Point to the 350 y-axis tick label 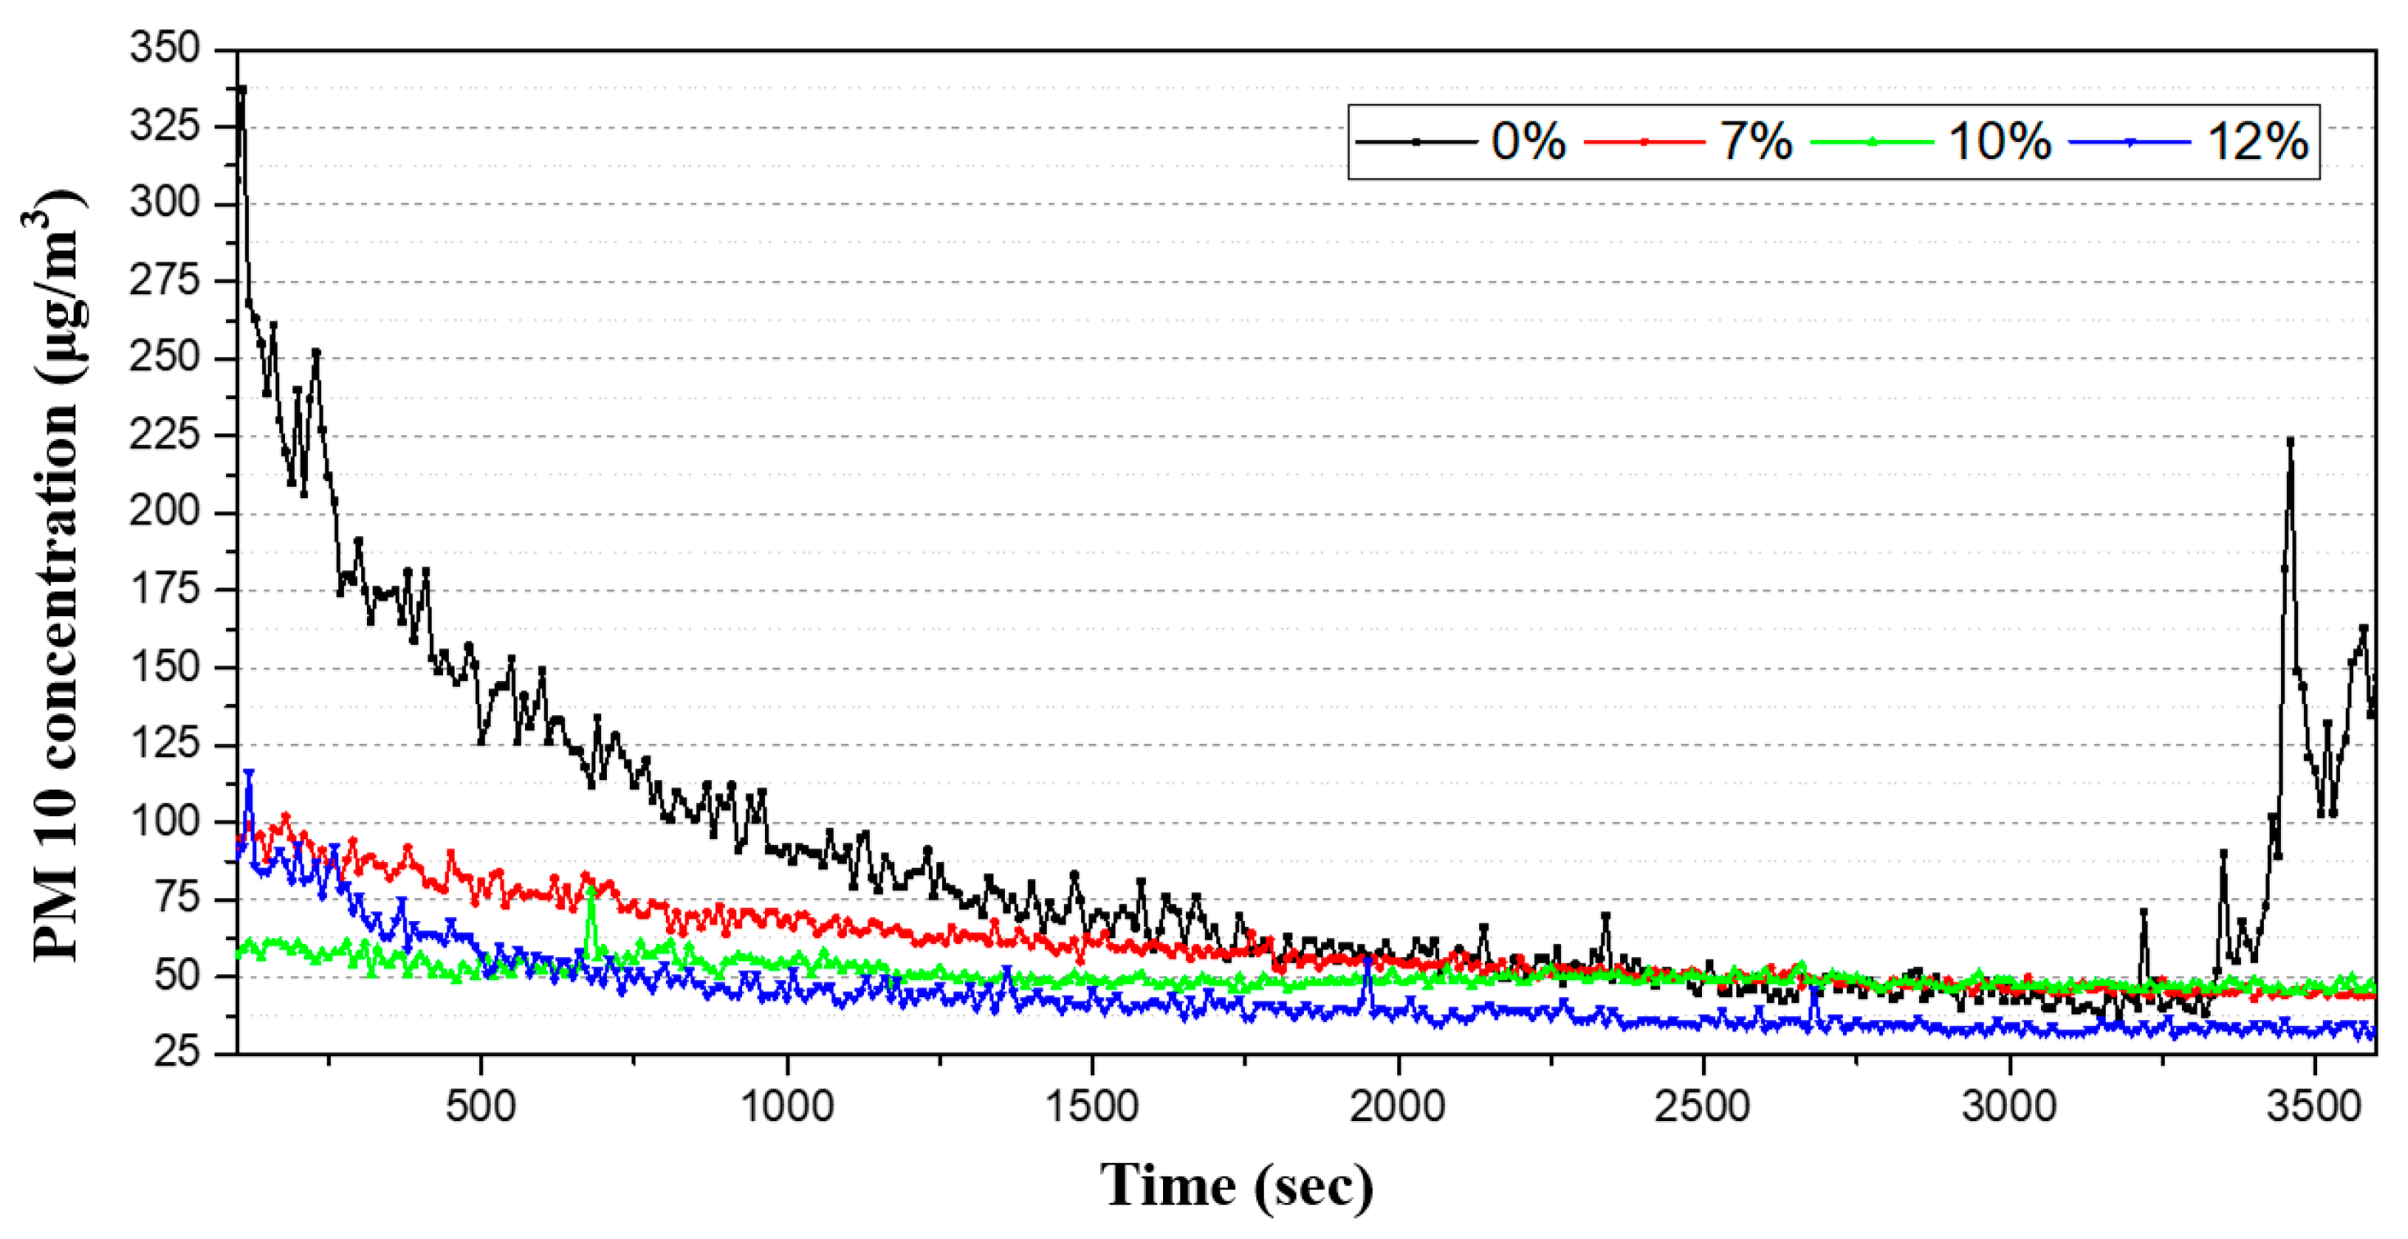[165, 48]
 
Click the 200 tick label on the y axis [165, 512]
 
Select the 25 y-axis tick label [177, 1053]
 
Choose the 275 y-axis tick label [165, 280]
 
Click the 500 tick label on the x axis [481, 1107]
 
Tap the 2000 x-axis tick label [1397, 1107]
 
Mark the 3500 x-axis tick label [2315, 1107]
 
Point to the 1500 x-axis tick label [1092, 1107]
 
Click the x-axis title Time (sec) [1236, 1186]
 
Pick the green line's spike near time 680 [591, 890]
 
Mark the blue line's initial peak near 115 [249, 774]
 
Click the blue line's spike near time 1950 [1368, 961]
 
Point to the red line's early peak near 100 [285, 817]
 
